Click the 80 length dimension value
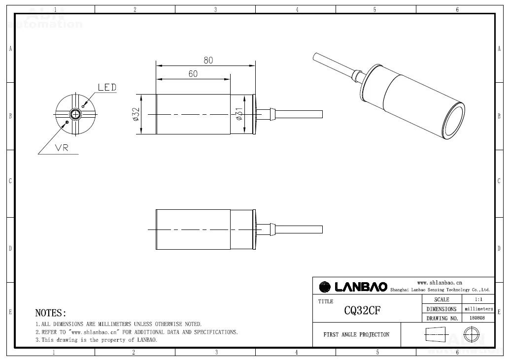(208, 60)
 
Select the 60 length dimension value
(193, 74)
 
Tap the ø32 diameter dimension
(136, 114)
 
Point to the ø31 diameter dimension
(239, 114)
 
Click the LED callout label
(107, 87)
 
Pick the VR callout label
(62, 148)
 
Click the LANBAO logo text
(361, 287)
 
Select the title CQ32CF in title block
(362, 311)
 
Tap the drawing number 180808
(477, 318)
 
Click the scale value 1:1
(478, 299)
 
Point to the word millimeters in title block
(479, 309)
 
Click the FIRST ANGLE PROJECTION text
(356, 334)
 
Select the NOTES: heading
(51, 313)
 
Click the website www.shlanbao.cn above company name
(440, 283)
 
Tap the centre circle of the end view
(75, 114)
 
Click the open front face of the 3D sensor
(454, 121)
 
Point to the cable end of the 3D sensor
(314, 57)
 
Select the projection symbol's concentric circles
(471, 334)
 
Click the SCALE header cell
(442, 299)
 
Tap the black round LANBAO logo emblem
(325, 287)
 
